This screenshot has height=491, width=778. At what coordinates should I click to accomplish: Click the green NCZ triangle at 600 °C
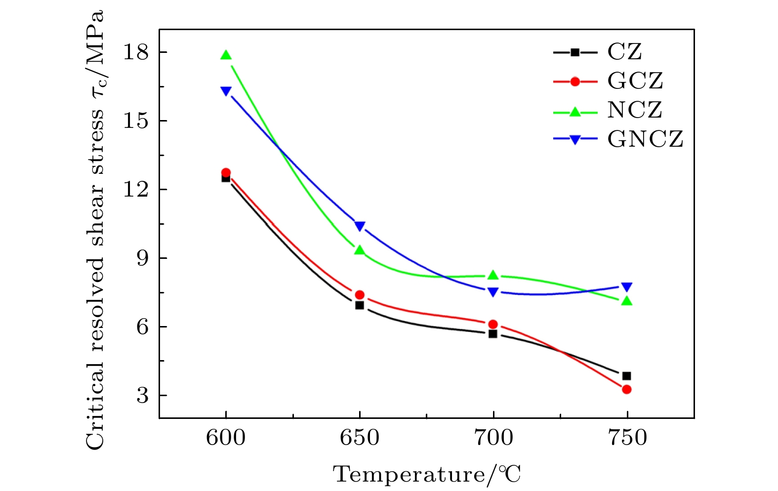click(x=226, y=55)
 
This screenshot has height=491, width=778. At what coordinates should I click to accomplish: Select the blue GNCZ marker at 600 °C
click(x=226, y=91)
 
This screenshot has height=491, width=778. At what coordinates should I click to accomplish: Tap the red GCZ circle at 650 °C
click(x=360, y=295)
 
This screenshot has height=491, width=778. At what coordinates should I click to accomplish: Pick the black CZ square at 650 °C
click(x=360, y=305)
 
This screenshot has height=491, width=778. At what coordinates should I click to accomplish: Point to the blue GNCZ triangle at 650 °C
click(x=360, y=226)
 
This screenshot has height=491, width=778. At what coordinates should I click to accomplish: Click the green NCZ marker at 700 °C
click(x=493, y=275)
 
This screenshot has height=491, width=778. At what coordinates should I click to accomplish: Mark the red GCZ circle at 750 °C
click(x=627, y=389)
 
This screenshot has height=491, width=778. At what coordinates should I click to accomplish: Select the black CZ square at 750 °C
click(x=627, y=376)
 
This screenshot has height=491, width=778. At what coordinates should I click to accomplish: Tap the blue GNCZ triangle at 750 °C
click(x=627, y=287)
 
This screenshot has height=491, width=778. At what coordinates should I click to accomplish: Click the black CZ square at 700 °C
click(x=493, y=334)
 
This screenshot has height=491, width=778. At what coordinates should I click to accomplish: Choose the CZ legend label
click(x=625, y=52)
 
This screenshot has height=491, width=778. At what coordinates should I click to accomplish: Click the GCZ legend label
click(x=635, y=81)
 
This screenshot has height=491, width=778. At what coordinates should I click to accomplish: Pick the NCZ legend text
click(x=635, y=110)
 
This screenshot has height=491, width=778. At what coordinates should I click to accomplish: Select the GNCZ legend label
click(x=646, y=139)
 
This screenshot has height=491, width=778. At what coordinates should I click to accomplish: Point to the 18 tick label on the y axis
click(x=135, y=52)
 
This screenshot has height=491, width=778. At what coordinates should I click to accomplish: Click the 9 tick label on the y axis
click(x=142, y=258)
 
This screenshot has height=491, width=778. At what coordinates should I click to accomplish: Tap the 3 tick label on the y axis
click(x=142, y=395)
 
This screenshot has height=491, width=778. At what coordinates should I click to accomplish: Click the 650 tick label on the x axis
click(x=360, y=438)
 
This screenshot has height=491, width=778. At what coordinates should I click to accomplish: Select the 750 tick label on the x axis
click(x=627, y=438)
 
